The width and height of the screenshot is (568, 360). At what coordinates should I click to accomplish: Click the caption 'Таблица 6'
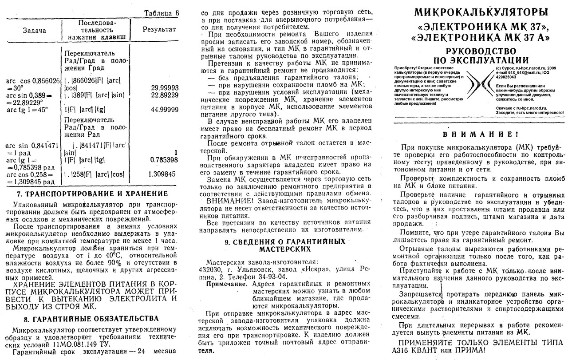(162, 13)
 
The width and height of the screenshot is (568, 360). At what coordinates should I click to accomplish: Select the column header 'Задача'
(34, 31)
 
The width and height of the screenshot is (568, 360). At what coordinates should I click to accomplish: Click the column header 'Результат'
(159, 29)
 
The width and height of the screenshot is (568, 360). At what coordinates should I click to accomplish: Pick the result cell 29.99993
(165, 88)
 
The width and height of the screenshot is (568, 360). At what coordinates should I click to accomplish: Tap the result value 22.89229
(165, 95)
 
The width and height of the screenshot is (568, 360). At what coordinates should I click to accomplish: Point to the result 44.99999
(165, 110)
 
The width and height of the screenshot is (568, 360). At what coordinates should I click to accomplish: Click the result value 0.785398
(164, 159)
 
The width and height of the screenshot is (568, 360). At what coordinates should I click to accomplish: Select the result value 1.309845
(163, 174)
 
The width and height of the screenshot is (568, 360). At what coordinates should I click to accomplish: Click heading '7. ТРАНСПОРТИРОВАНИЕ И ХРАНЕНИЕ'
(92, 194)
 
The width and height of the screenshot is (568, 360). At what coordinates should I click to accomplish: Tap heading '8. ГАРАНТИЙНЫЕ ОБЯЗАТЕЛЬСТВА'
(91, 319)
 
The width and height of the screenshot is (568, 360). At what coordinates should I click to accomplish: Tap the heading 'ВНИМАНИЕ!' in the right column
(481, 135)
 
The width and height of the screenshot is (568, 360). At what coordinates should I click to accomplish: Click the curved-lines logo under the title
(480, 85)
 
